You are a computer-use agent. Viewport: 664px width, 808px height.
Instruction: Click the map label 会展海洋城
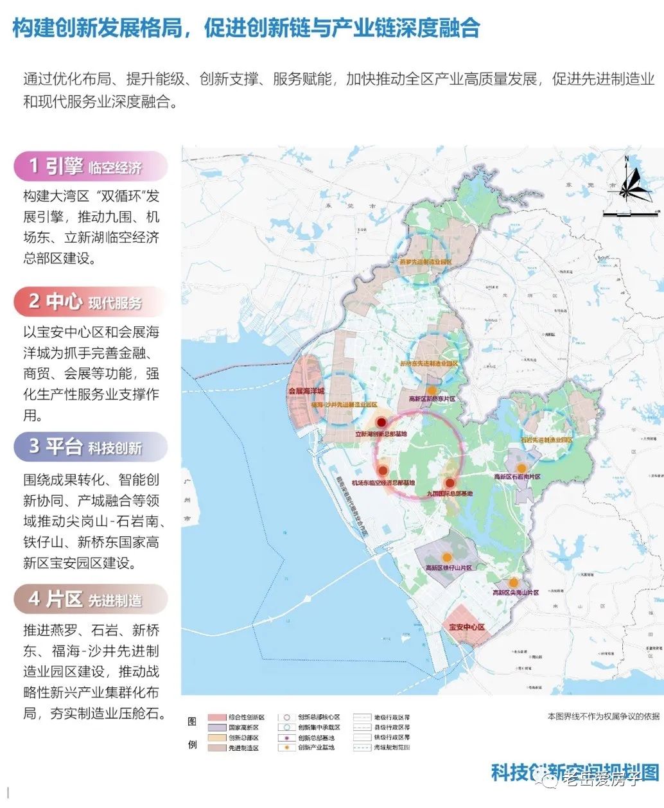pos(306,391)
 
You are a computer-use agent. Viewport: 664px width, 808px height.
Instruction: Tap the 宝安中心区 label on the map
pos(466,627)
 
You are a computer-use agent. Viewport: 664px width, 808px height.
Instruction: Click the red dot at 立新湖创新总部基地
pos(381,423)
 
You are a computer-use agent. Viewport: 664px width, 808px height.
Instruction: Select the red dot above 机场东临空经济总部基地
pos(383,471)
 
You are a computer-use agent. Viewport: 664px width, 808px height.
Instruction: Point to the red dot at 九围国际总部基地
pos(450,483)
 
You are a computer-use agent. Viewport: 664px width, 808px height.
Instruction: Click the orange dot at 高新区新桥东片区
pos(432,390)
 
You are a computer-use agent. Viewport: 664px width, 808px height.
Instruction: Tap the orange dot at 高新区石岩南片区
pos(521,468)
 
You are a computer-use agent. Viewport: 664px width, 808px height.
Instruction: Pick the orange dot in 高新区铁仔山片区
pos(447,558)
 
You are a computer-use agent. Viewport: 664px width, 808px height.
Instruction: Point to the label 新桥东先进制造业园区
pos(429,364)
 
